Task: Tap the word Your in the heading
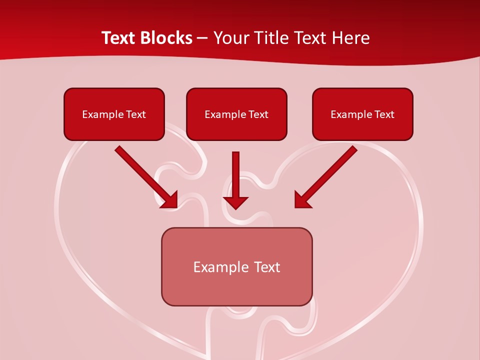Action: pos(230,38)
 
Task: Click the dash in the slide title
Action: pos(202,38)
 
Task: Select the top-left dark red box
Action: pos(114,114)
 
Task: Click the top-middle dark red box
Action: pos(236,114)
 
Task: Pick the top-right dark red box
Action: pos(362,114)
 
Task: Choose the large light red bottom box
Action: pos(236,266)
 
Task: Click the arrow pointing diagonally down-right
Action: pos(145,176)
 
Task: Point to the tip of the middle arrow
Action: pos(236,208)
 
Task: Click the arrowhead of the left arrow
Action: pos(170,200)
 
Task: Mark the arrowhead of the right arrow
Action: pos(302,200)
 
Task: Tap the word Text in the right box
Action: pos(384,114)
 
